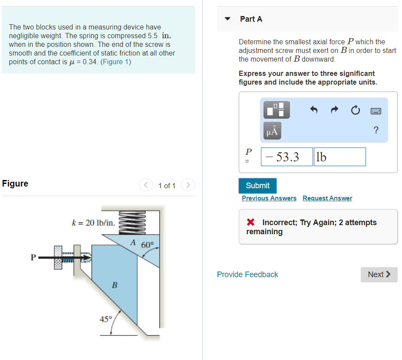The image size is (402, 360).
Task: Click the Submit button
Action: coord(257,186)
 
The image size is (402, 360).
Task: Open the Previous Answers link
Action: coord(269,198)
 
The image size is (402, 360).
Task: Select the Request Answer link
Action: coord(327,198)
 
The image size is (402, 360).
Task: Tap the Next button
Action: coord(379,275)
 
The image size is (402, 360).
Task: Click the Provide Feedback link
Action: coord(247,275)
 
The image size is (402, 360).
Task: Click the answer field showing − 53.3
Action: coord(287,157)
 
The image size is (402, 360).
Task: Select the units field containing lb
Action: coord(339,157)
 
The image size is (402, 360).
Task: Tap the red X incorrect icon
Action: coord(250,223)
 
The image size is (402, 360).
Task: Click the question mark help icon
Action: coord(376,131)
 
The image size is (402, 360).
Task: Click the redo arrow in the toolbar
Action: coord(335,111)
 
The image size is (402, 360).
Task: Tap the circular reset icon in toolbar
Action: coord(355,111)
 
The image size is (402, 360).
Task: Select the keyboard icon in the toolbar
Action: coord(376,111)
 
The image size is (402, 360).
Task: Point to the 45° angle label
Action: coord(105,319)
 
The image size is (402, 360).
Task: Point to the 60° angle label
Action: coord(147,245)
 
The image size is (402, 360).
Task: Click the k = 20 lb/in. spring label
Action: coord(93,223)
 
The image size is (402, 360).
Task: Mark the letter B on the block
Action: coord(115,285)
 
